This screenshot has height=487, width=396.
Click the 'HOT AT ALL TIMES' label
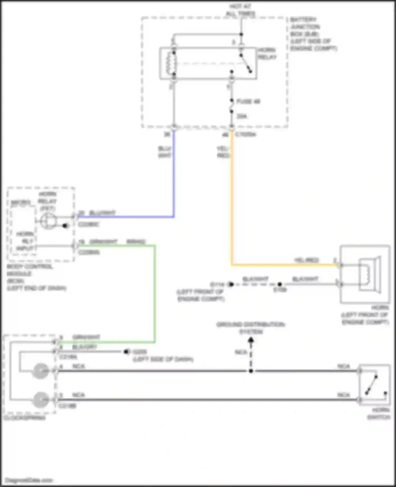pyautogui.click(x=240, y=10)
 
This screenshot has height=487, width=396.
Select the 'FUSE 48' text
pyautogui.click(x=248, y=102)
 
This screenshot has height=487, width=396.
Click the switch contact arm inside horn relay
pyautogui.click(x=246, y=63)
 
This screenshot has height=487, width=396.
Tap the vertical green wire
pyautogui.click(x=155, y=293)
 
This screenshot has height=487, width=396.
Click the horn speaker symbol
pyautogui.click(x=370, y=274)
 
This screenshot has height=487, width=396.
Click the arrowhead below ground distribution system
pyautogui.click(x=251, y=341)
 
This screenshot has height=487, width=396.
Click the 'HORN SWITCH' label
pyautogui.click(x=379, y=414)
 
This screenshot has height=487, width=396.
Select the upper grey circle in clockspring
pyautogui.click(x=40, y=371)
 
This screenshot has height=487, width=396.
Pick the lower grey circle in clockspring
pyautogui.click(x=40, y=399)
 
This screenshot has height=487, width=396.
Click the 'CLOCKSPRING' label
pyautogui.click(x=24, y=418)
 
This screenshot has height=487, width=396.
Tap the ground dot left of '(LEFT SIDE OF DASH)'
pyautogui.click(x=126, y=352)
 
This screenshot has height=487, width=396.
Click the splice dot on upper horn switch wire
pyautogui.click(x=251, y=371)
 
